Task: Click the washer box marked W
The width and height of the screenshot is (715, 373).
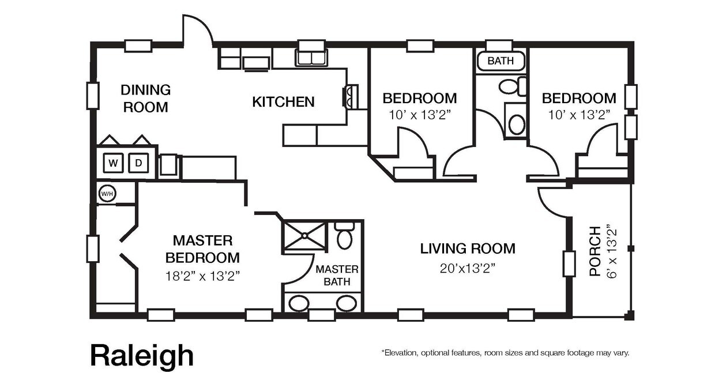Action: (114, 163)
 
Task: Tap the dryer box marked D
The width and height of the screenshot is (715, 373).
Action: (138, 163)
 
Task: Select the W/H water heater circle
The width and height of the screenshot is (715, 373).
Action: (107, 193)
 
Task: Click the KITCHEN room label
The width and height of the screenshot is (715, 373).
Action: (283, 102)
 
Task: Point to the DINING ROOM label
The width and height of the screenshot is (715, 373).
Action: (145, 98)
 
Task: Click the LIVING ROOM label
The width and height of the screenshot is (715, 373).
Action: (467, 248)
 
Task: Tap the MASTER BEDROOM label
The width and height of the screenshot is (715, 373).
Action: (202, 248)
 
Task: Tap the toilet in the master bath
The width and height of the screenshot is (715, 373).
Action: (344, 237)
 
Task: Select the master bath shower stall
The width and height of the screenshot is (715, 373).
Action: (304, 235)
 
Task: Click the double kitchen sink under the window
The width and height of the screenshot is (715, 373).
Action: (311, 58)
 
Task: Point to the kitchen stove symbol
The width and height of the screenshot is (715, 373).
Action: (351, 96)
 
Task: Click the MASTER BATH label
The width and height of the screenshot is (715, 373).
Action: (337, 276)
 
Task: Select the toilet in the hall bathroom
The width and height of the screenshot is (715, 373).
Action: (510, 86)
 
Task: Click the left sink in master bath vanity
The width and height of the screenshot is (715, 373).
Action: (299, 303)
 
